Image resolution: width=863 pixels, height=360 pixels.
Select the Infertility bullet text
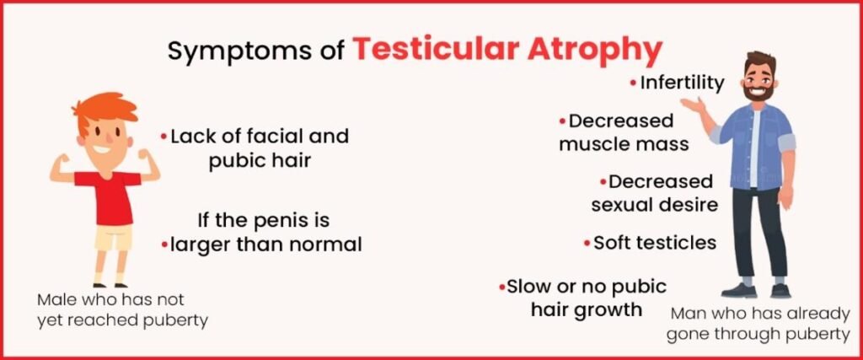click(681, 83)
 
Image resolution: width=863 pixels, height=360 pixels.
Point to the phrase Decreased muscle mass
click(623, 132)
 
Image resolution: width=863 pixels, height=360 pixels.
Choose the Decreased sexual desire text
click(654, 193)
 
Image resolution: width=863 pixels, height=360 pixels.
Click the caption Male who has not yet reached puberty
click(123, 310)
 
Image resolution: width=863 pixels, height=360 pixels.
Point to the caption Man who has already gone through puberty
click(759, 324)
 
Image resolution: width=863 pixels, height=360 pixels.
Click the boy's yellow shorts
click(114, 237)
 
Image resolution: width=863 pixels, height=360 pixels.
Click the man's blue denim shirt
click(758, 146)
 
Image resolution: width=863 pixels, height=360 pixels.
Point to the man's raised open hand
click(694, 104)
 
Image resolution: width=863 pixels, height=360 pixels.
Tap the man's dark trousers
click(759, 231)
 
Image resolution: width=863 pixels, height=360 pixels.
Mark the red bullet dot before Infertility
click(634, 83)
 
